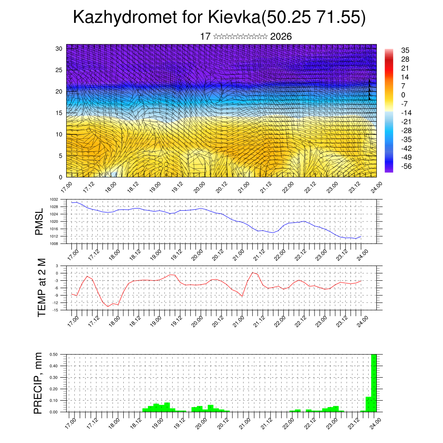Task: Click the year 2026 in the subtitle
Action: pos(281,36)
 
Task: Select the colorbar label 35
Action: pos(405,50)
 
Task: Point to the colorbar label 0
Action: pos(403,95)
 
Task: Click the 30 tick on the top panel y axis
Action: pos(59,48)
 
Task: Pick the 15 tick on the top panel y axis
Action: pos(59,113)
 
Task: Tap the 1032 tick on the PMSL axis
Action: pos(54,199)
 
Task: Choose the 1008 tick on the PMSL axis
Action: pos(54,244)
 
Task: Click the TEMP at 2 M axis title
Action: pos(42,287)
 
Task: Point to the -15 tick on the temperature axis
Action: pos(55,310)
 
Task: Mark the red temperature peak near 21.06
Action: pos(253,273)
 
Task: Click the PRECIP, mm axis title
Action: pos(39,383)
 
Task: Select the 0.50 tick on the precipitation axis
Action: pos(54,354)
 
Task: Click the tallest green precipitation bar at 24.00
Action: pos(374,383)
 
